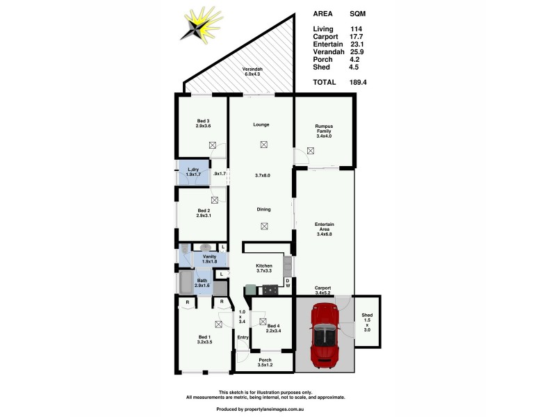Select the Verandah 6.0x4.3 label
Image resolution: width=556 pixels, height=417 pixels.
point(253,73)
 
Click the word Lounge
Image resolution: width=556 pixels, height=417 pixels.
point(261,124)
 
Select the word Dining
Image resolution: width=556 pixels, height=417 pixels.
point(263,209)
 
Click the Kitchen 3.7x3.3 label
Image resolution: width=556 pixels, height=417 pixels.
point(263,269)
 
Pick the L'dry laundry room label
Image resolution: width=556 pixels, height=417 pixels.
point(194,172)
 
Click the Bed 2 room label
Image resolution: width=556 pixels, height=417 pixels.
point(203,213)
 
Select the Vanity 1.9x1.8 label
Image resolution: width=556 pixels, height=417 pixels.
point(209,259)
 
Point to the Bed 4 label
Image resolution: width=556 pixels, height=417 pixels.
point(274,329)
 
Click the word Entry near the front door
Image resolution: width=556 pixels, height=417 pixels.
point(243,338)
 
